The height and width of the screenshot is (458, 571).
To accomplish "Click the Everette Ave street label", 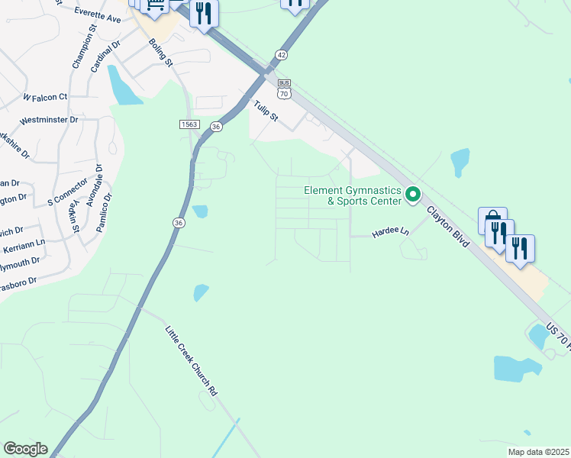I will click(x=98, y=15).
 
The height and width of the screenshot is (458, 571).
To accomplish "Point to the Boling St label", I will click(x=161, y=52).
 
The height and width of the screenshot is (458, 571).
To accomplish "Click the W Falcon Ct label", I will click(x=45, y=97).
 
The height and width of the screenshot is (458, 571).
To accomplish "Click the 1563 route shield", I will click(x=190, y=124).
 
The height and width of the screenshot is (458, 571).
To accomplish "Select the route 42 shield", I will click(x=282, y=55).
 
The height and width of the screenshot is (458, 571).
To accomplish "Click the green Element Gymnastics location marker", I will click(x=413, y=195).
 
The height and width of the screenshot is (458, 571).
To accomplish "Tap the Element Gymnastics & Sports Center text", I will click(x=353, y=195).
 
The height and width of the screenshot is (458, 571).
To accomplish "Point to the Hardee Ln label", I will click(x=390, y=231).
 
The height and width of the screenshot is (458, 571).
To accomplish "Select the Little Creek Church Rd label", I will click(x=191, y=360).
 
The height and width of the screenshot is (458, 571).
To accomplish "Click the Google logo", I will click(x=25, y=449).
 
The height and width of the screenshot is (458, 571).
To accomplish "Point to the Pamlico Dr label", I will click(x=104, y=212).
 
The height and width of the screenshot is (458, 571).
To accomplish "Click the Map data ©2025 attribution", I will click(x=537, y=452).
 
